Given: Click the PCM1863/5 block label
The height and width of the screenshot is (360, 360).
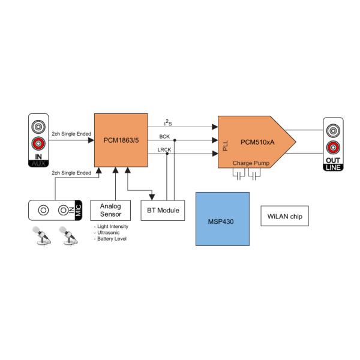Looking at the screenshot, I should [x=121, y=142].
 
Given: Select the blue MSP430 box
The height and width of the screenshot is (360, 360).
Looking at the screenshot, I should [x=222, y=219].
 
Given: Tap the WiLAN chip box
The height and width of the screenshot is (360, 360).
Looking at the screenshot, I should [x=284, y=216].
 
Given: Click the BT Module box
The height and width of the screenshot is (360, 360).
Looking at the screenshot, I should [x=163, y=211].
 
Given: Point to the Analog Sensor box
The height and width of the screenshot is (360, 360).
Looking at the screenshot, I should [x=110, y=210].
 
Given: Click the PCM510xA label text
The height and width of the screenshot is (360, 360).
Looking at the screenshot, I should [x=256, y=142].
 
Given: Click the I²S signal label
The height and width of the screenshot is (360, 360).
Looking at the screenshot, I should [x=169, y=122].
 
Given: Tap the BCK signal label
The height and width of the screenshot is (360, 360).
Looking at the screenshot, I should [x=164, y=137].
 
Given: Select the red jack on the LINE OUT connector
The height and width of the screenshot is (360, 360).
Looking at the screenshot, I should [x=334, y=148].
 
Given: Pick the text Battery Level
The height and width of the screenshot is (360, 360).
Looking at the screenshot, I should [x=113, y=239].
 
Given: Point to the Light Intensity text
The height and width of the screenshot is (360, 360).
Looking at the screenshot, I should [x=113, y=226].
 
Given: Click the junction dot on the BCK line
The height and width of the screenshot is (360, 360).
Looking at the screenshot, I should [x=174, y=140].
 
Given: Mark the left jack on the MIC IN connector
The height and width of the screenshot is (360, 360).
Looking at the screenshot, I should [x=43, y=210].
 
